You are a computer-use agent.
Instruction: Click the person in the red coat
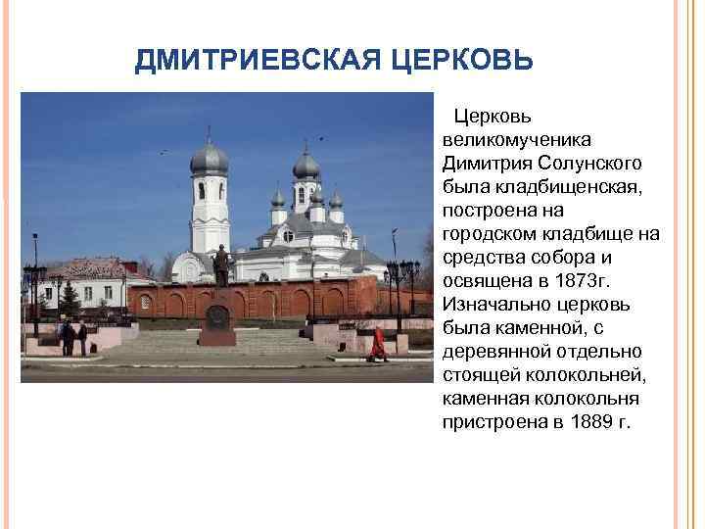tap(378, 343)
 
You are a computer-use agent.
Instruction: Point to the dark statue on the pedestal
tap(221, 265)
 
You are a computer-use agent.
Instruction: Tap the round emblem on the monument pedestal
tap(217, 316)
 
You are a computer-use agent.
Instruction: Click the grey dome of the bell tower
tap(210, 160)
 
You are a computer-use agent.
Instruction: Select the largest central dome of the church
tap(306, 166)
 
